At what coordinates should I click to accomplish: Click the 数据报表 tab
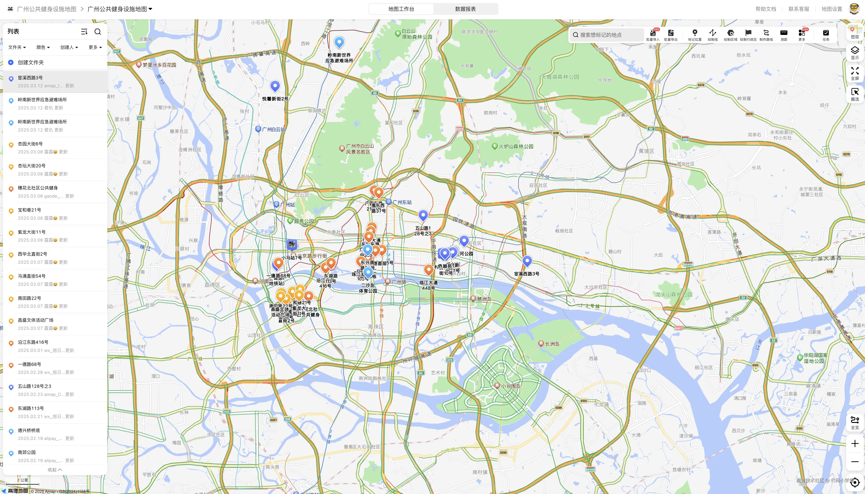(465, 9)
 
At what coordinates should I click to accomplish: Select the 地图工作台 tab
(401, 9)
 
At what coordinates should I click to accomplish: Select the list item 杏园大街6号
(30, 144)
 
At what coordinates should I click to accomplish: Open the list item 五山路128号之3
(35, 386)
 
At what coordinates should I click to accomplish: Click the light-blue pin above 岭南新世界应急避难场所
(339, 42)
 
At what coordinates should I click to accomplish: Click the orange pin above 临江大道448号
(429, 270)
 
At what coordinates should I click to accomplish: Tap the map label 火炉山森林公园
(515, 147)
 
